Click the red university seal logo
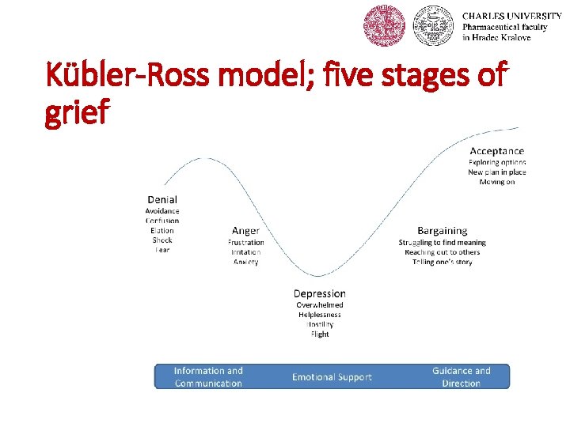[x=383, y=25]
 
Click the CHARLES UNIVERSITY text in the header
[x=511, y=16]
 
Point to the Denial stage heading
[x=162, y=200]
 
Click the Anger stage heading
[x=245, y=231]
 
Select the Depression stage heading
[x=320, y=293]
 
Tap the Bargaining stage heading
[x=442, y=231]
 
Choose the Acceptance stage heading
[x=496, y=151]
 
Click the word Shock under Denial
[x=162, y=240]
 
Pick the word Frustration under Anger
[x=245, y=242]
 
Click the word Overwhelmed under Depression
[x=320, y=304]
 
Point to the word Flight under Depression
[x=320, y=334]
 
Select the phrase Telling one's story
[x=442, y=262]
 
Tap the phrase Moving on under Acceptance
[x=496, y=182]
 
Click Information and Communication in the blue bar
[x=208, y=377]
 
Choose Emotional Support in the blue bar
[x=332, y=377]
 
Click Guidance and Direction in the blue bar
[x=461, y=377]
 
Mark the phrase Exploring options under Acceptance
[x=496, y=162]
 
